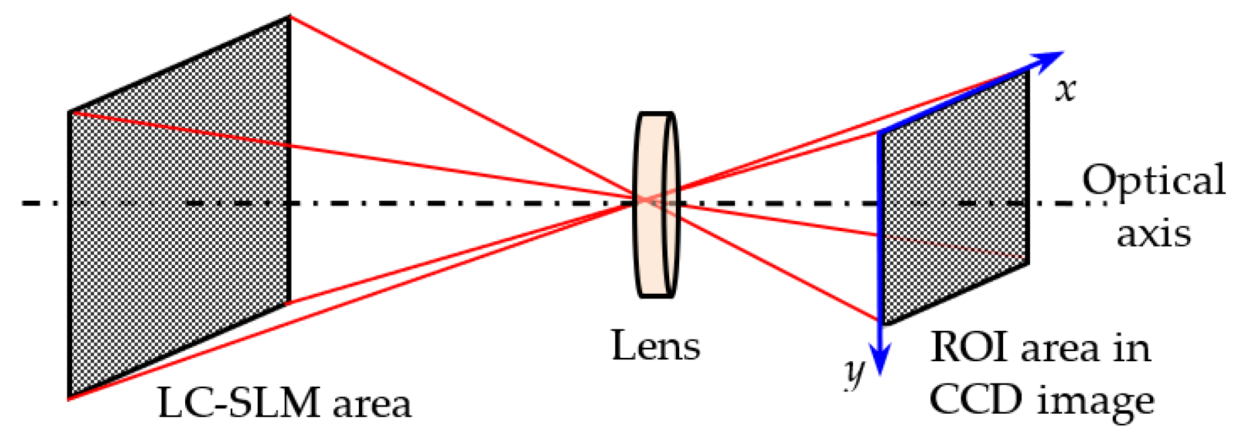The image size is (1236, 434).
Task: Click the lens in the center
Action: pos(656,204)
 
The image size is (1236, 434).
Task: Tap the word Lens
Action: pos(655,346)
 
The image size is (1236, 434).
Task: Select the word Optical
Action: pos(1153,181)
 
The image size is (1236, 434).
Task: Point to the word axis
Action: pos(1153,233)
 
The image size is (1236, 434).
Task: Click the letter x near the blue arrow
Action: pos(1065,90)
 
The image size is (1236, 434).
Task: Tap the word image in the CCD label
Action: pos(1095,402)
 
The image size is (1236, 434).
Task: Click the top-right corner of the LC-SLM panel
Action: pos(289,18)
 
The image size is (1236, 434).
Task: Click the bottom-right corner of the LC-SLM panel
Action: pos(289,303)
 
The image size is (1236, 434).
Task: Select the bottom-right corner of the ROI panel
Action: pos(1028,263)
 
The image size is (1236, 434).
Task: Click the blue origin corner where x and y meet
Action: pos(880,133)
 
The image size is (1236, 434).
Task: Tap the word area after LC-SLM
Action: pos(371,404)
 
